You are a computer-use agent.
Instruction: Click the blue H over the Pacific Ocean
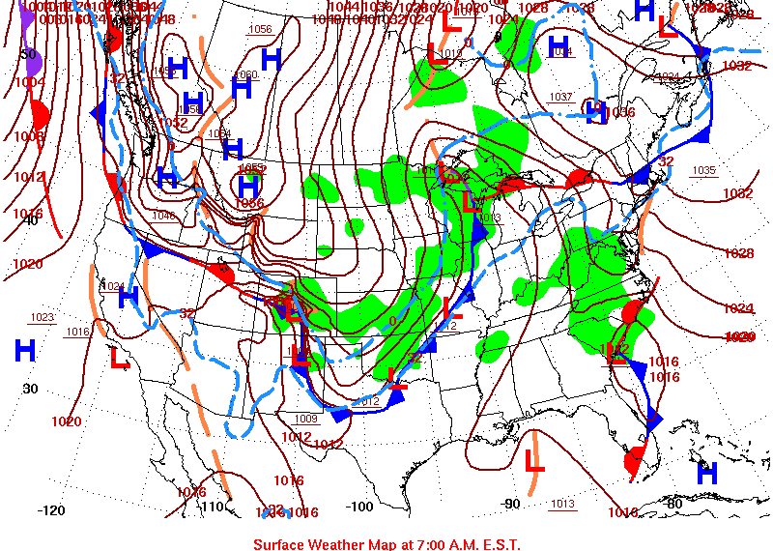[x=25, y=350]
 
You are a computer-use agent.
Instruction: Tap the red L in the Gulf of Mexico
[x=533, y=457]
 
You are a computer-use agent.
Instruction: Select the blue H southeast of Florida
[x=707, y=474]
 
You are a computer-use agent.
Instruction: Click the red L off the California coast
[x=120, y=359]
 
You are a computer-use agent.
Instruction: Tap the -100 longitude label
[x=359, y=507]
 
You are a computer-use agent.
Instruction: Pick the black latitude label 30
[x=30, y=389]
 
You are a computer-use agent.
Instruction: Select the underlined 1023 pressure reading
[x=43, y=317]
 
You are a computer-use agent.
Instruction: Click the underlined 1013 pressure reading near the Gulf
[x=562, y=504]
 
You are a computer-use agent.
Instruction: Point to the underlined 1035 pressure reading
[x=703, y=171]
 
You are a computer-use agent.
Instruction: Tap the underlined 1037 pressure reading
[x=561, y=97]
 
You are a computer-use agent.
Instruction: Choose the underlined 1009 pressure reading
[x=306, y=419]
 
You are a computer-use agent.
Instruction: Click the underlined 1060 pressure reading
[x=246, y=74]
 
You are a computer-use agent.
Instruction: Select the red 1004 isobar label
[x=29, y=83]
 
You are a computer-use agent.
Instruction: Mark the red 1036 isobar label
[x=620, y=113]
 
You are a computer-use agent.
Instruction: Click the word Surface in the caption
[x=280, y=543]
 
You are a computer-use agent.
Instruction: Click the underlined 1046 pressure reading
[x=163, y=216]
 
